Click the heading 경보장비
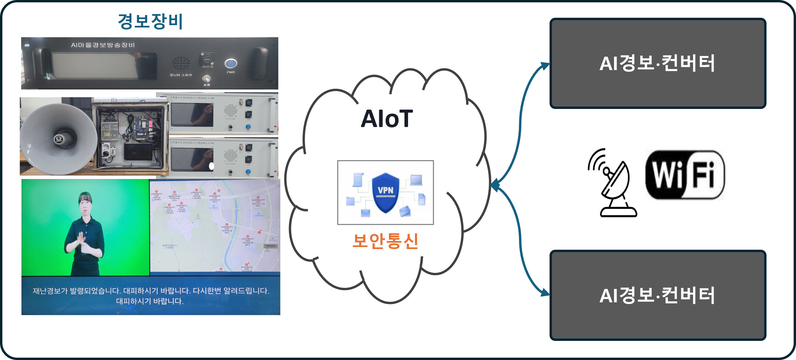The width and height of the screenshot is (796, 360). (x=150, y=21)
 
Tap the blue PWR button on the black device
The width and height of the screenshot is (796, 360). (x=231, y=63)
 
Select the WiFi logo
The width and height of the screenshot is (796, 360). (x=685, y=175)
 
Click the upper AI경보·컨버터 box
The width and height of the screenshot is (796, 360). (x=657, y=63)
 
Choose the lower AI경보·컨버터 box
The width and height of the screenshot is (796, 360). (x=657, y=295)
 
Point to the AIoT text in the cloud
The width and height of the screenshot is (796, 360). (x=387, y=119)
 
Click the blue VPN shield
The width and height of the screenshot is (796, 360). (x=386, y=193)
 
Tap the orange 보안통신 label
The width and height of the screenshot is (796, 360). (x=385, y=241)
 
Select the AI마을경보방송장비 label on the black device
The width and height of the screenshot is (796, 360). (x=103, y=45)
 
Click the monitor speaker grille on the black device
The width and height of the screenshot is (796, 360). (x=181, y=63)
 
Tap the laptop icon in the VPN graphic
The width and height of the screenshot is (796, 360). (x=416, y=180)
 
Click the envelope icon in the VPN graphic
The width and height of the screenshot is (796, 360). (x=365, y=213)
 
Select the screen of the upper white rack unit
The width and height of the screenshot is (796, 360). (x=191, y=114)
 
